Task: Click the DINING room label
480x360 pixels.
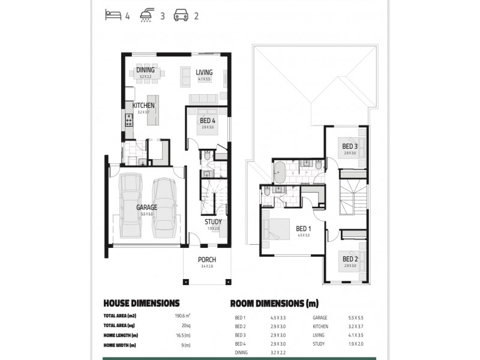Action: pyautogui.click(x=145, y=70)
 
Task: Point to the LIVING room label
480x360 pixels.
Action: pyautogui.click(x=204, y=72)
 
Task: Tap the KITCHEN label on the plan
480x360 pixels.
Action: pyautogui.click(x=143, y=106)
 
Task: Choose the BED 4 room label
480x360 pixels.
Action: pyautogui.click(x=208, y=121)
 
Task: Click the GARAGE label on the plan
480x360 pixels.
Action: pyautogui.click(x=146, y=208)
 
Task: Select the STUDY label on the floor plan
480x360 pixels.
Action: pyautogui.click(x=213, y=222)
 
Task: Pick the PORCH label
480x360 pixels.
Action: pyautogui.click(x=207, y=260)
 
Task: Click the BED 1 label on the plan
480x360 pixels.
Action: pyautogui.click(x=303, y=229)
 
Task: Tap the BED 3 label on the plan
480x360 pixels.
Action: pyautogui.click(x=350, y=146)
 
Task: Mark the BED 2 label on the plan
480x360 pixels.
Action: pyautogui.click(x=350, y=259)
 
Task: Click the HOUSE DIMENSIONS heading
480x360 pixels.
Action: pyautogui.click(x=141, y=303)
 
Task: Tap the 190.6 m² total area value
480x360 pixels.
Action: pyautogui.click(x=182, y=316)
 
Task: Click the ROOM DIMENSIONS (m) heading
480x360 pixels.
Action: pyautogui.click(x=274, y=303)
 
